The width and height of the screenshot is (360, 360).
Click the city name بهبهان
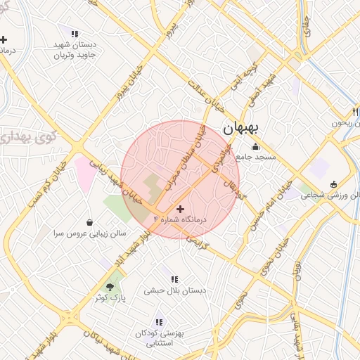click(241, 129)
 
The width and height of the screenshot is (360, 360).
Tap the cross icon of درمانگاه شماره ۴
click(181, 209)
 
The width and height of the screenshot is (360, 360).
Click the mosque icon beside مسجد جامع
click(255, 147)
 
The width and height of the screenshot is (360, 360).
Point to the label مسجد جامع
click(255, 157)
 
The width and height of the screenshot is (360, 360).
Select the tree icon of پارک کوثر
click(110, 285)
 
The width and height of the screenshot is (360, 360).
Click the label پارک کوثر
click(109, 297)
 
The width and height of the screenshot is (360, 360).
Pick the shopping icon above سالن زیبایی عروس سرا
click(89, 221)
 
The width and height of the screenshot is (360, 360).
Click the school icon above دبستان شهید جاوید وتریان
click(75, 33)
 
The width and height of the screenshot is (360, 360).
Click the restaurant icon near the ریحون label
click(356, 112)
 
